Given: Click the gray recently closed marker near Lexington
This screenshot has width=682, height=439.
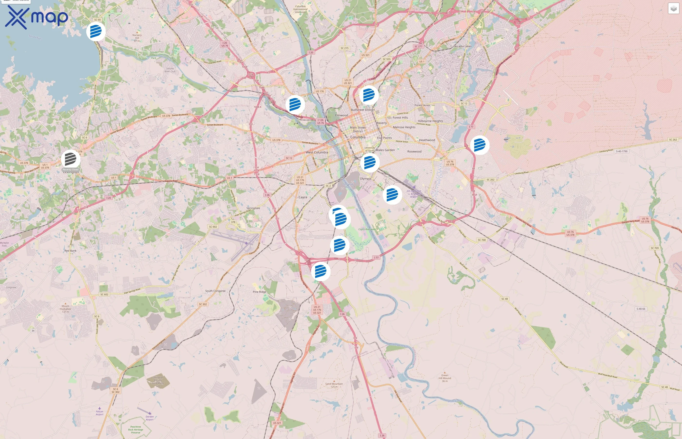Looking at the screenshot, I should pos(71,159).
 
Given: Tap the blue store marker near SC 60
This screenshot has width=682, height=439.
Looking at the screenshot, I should pos(96,31).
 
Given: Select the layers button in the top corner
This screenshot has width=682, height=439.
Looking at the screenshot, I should pos(673,9).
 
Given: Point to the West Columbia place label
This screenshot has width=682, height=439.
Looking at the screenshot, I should pos(317,152).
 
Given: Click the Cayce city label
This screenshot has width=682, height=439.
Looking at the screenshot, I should pos(303,197).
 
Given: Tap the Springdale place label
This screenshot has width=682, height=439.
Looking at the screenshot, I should pos(253,208).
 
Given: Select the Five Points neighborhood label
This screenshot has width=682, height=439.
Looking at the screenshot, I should pos(384,138).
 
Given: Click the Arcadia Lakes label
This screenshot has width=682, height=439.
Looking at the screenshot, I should pos(463,46).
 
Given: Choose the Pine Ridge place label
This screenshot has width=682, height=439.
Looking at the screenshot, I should pos(260,292).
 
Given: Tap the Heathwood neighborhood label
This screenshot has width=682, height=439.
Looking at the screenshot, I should pos(427,140).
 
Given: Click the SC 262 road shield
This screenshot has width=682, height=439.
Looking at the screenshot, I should pos(673,140).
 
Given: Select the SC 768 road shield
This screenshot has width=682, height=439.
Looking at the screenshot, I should pos(482,240).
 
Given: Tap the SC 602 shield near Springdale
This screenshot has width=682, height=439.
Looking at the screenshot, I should pos(213,227).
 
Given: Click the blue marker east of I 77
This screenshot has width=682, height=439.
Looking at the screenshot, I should pos(480,145).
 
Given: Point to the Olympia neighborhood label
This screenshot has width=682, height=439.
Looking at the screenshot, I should pos(366,179).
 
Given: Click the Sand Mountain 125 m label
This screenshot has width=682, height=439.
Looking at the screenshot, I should pos(334,385).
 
